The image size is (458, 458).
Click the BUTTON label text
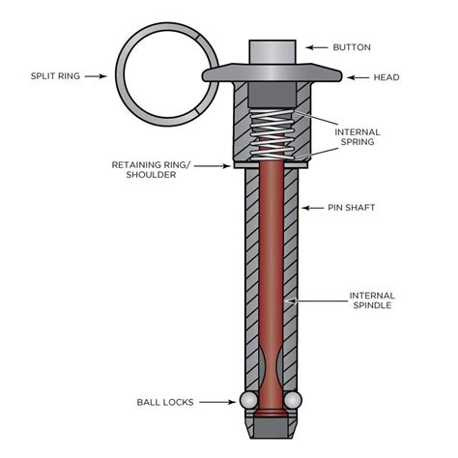pyautogui.click(x=351, y=46)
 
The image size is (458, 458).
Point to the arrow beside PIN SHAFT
pyautogui.click(x=315, y=208)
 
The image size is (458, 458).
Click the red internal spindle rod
pyautogui.click(x=272, y=271)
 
